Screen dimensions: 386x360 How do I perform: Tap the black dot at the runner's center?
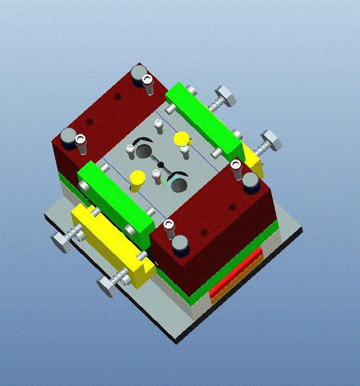coord(161,165)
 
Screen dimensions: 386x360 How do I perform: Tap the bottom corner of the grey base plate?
coord(177,339)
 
